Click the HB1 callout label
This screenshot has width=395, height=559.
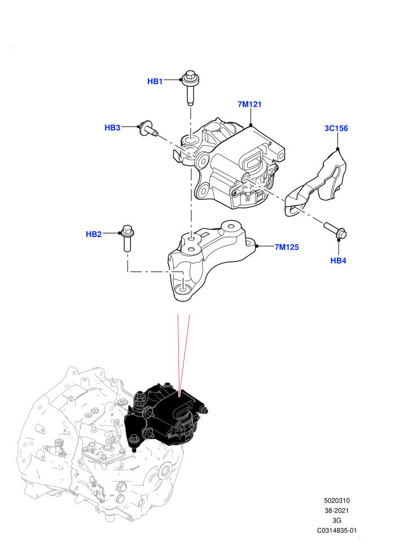tap(155, 81)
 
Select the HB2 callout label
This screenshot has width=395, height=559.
tap(94, 234)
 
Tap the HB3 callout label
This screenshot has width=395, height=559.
tap(112, 128)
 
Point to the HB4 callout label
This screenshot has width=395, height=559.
tap(338, 261)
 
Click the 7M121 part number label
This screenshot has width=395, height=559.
tap(249, 104)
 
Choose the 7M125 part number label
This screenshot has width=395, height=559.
tap(287, 247)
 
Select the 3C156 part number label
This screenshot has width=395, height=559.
tap(336, 128)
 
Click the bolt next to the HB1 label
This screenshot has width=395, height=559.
tap(191, 88)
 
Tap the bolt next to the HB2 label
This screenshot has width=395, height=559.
tap(128, 238)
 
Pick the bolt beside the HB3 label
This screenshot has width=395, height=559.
tap(149, 129)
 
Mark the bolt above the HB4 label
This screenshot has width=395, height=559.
tap(336, 231)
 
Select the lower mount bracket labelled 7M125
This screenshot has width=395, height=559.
tap(212, 260)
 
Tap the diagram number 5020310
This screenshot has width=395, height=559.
tap(336, 500)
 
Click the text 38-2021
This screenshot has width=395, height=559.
tap(336, 510)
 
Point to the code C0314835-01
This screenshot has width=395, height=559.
tap(336, 530)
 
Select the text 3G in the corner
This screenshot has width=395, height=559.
tap(336, 521)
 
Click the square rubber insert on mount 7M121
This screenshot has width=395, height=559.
tap(253, 160)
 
